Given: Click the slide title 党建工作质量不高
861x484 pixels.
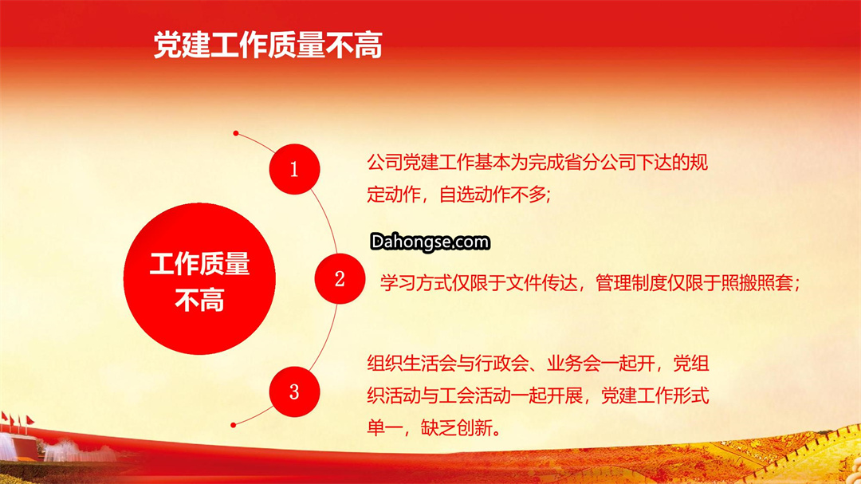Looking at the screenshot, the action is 267,45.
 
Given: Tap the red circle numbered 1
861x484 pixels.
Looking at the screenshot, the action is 294,169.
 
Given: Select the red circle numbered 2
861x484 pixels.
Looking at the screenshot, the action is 340,278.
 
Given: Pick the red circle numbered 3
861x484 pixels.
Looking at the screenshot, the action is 294,392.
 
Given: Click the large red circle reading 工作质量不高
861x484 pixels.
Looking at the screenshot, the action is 199,278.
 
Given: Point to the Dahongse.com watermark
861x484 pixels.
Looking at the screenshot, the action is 430,242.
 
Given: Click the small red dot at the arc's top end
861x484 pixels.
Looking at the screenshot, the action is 235,133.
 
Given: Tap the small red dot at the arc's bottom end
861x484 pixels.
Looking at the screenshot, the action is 234,425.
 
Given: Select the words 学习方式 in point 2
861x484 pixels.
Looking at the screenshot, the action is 415,283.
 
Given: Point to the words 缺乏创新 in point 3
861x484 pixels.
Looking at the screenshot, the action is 457,427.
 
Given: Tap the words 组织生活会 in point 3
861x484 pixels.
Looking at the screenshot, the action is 412,363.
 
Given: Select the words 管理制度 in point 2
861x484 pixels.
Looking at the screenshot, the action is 631,283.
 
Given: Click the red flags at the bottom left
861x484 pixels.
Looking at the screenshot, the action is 18,421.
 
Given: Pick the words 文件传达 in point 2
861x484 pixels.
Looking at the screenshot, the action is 541,283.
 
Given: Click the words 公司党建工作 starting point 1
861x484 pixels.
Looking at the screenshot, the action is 421,163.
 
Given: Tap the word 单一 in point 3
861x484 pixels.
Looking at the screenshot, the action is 384,427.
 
